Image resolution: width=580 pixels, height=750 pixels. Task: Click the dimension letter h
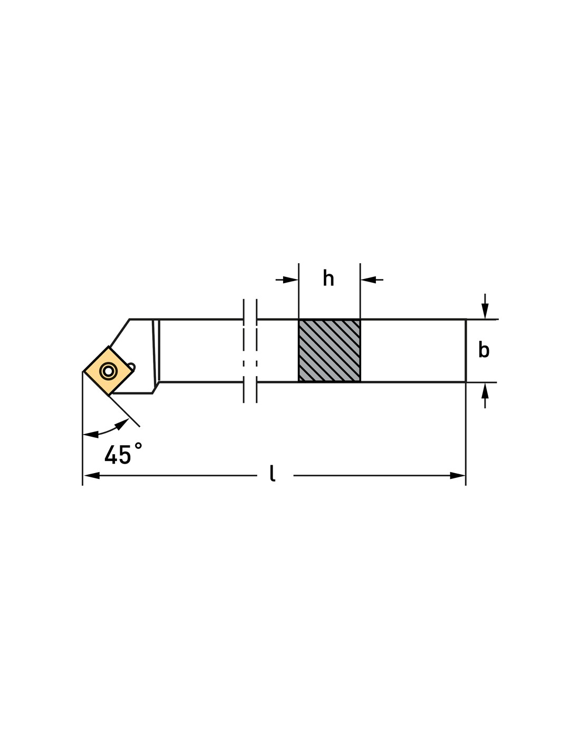[328, 278]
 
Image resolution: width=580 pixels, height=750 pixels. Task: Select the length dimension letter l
[272, 473]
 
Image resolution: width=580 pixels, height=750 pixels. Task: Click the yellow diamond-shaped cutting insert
[108, 371]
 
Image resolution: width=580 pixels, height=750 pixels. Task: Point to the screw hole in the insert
[108, 371]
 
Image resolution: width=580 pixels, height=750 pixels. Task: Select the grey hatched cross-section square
[329, 351]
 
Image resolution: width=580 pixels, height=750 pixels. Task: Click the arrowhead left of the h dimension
[291, 280]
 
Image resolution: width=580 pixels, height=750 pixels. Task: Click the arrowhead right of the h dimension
[368, 280]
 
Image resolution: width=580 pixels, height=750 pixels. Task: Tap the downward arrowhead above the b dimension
[485, 311]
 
